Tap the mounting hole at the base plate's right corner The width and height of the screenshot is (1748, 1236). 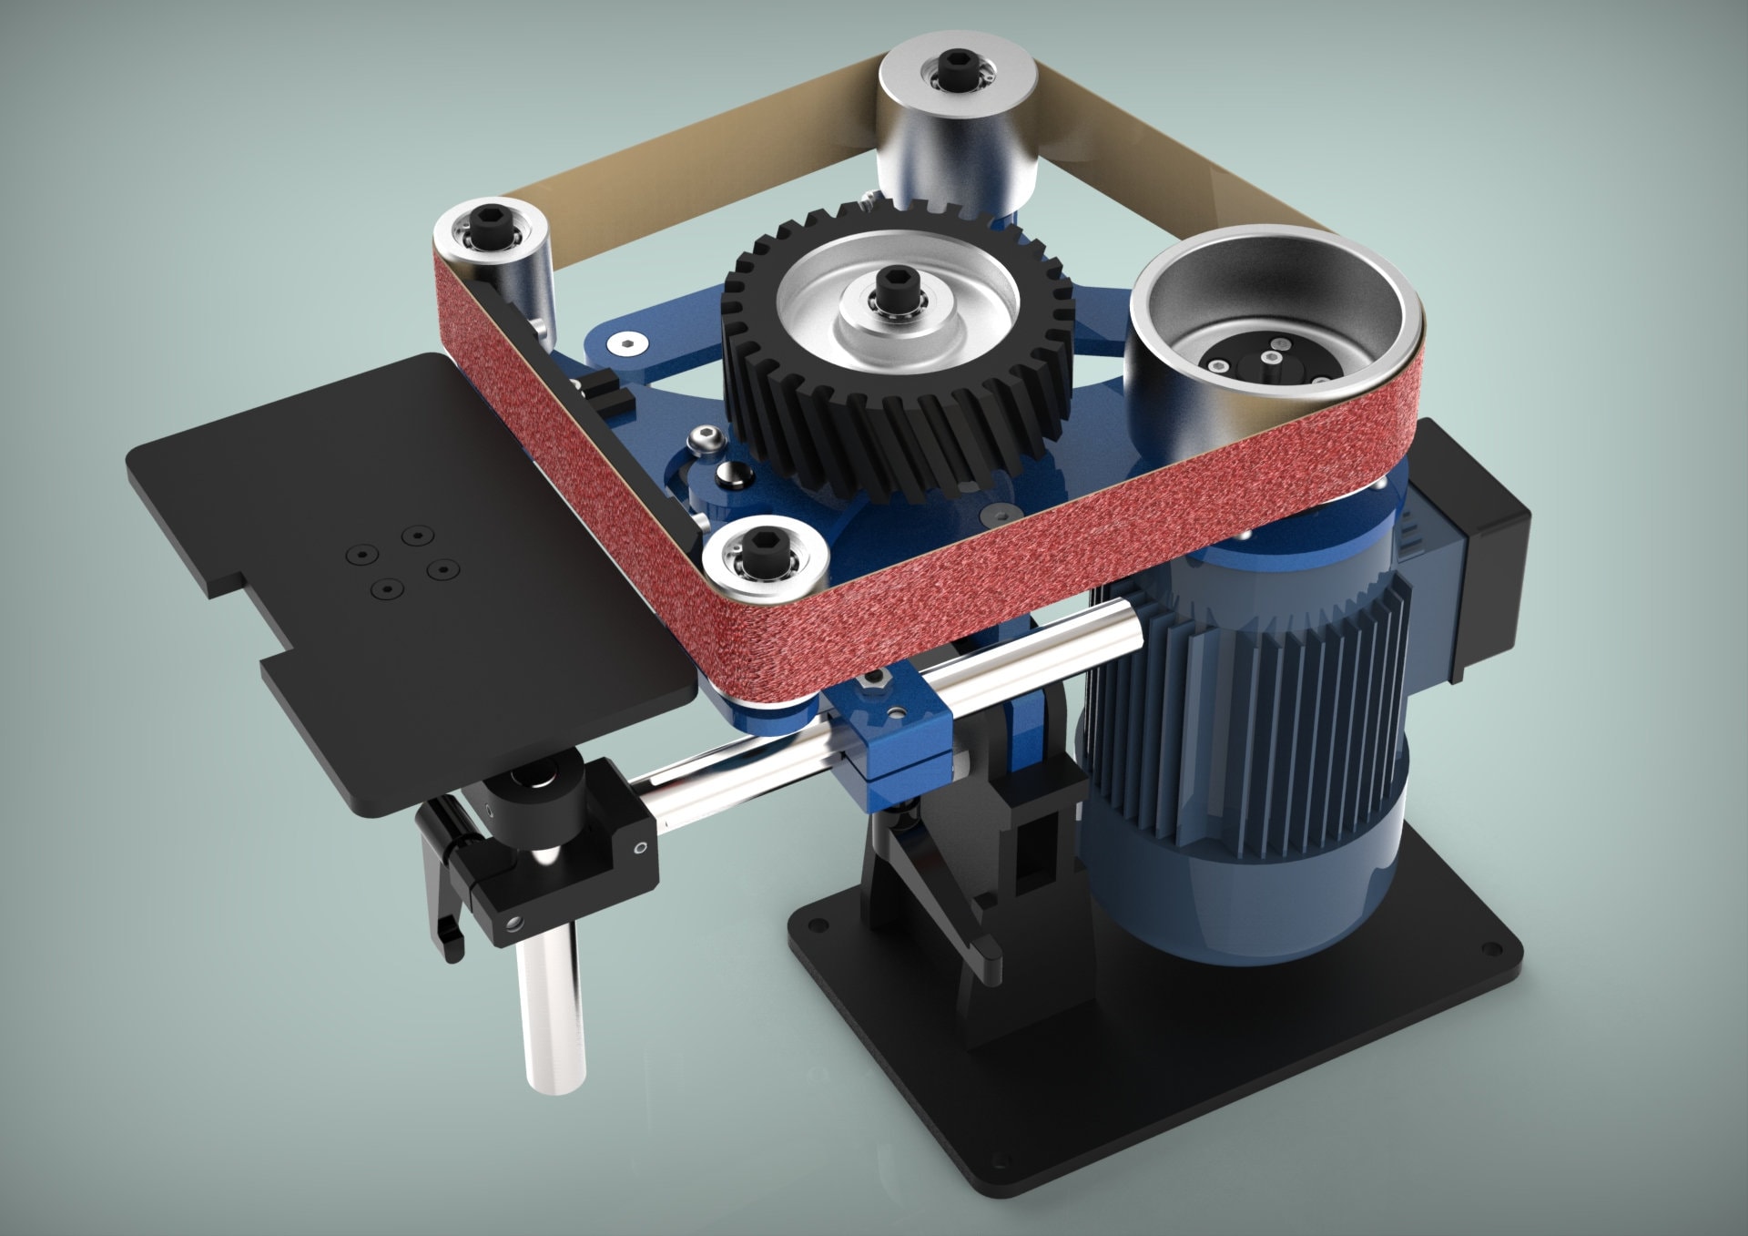click(x=1490, y=951)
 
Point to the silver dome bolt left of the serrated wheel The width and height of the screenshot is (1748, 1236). click(x=706, y=443)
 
